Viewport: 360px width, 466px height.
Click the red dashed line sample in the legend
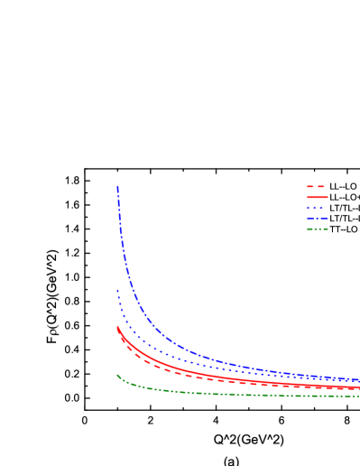(x=315, y=186)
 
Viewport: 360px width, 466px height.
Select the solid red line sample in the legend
(x=317, y=197)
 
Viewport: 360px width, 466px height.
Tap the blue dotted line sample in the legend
(x=315, y=208)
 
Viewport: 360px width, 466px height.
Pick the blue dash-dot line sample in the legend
(x=317, y=219)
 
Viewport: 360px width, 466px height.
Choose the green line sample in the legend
(x=317, y=229)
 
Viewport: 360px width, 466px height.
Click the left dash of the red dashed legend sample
(x=309, y=186)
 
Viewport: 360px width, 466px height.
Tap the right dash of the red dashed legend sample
(x=320, y=186)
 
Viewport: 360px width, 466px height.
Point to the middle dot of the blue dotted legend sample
(x=315, y=208)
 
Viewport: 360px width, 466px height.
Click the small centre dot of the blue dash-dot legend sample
(x=317, y=219)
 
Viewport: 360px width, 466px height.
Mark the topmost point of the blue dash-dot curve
(x=117, y=186)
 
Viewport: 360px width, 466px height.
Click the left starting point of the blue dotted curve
(x=117, y=290)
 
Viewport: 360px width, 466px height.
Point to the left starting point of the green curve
(x=117, y=375)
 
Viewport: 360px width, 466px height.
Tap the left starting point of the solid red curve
(x=117, y=326)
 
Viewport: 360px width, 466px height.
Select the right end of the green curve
(x=358, y=396)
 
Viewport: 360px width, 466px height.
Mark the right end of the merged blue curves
(x=358, y=380)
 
